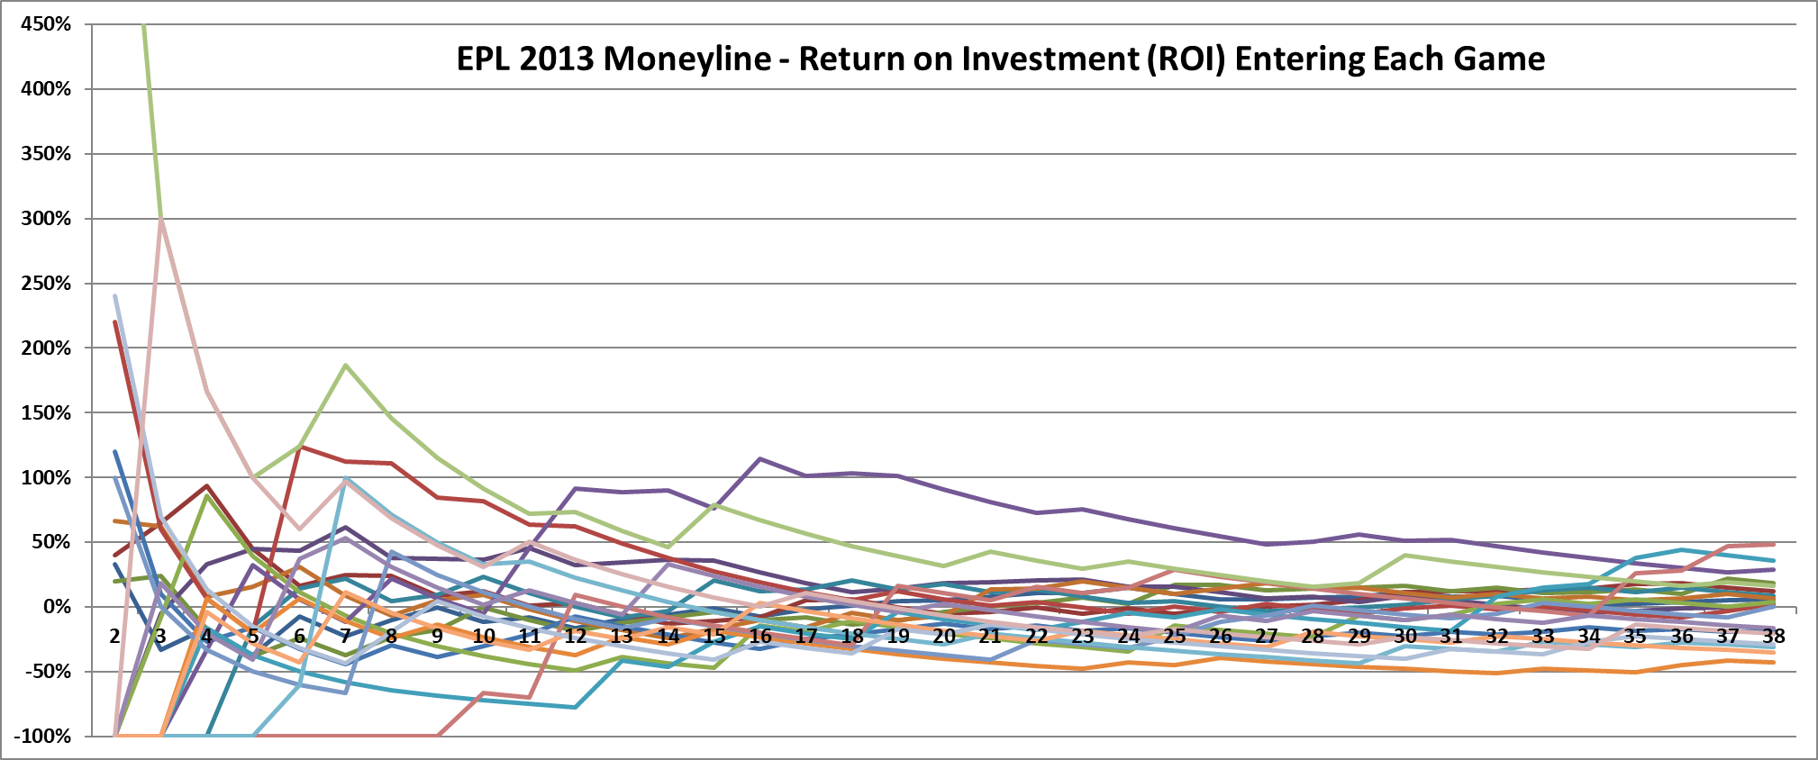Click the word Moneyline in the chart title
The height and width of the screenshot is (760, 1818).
click(x=688, y=59)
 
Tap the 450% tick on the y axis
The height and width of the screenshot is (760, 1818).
click(x=45, y=24)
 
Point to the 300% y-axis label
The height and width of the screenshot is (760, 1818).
click(x=45, y=219)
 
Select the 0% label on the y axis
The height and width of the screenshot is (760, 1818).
click(x=56, y=607)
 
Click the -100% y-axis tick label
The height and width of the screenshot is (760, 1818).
click(x=42, y=736)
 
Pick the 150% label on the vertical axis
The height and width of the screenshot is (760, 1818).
click(x=45, y=413)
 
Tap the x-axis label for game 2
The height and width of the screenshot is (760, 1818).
click(x=114, y=636)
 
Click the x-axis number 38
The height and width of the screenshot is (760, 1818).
click(x=1773, y=636)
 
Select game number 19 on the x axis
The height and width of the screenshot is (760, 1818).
click(x=898, y=636)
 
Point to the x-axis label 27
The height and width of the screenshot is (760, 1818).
click(x=1267, y=636)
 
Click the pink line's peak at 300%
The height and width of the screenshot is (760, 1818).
click(x=160, y=219)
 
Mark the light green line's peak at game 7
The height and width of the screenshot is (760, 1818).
click(x=345, y=365)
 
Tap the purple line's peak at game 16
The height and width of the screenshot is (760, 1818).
click(x=760, y=459)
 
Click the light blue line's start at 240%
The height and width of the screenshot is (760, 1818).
click(x=115, y=296)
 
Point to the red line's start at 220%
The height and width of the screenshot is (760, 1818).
click(x=115, y=322)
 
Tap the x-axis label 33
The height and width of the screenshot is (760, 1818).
click(x=1543, y=636)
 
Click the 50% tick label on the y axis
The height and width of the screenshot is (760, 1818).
click(x=50, y=542)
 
